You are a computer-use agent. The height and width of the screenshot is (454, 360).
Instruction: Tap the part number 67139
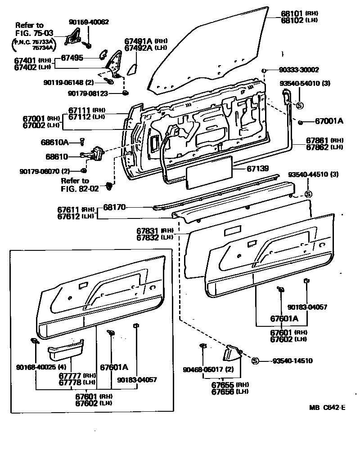(257, 169)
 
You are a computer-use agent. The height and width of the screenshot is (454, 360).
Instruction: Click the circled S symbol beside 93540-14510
(254, 361)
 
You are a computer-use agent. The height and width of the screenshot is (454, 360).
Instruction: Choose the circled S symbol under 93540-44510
(308, 194)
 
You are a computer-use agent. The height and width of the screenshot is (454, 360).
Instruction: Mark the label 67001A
(328, 121)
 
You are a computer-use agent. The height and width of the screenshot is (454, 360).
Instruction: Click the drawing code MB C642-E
(328, 408)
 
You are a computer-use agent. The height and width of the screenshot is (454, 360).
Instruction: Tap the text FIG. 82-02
(80, 189)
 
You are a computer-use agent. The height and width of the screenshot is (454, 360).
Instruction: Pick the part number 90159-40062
(89, 22)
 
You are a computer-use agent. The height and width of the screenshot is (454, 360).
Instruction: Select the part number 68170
(114, 208)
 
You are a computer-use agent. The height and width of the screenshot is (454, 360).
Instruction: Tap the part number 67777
(70, 375)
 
